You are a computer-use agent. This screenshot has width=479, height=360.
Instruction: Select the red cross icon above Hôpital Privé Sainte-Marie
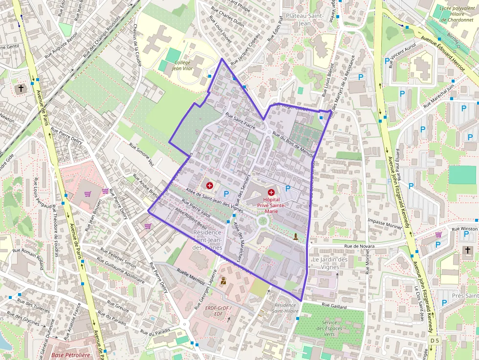coord(271,193)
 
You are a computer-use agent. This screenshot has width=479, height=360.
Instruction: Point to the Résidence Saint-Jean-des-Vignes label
coord(207,240)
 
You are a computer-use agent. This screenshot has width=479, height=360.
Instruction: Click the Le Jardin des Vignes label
coord(330,263)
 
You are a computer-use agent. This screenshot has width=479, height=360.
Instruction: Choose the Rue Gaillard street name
coord(334,306)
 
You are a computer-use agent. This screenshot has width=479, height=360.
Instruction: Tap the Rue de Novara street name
coord(359,247)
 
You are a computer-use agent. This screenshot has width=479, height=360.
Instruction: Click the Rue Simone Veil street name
coord(141,155)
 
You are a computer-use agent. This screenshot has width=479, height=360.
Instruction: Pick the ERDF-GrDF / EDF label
coord(218,311)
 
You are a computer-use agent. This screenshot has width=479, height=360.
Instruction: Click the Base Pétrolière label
coord(71,355)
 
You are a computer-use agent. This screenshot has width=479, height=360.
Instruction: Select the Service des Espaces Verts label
coord(329,328)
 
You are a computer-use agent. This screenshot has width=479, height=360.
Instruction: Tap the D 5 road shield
coord(435,339)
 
